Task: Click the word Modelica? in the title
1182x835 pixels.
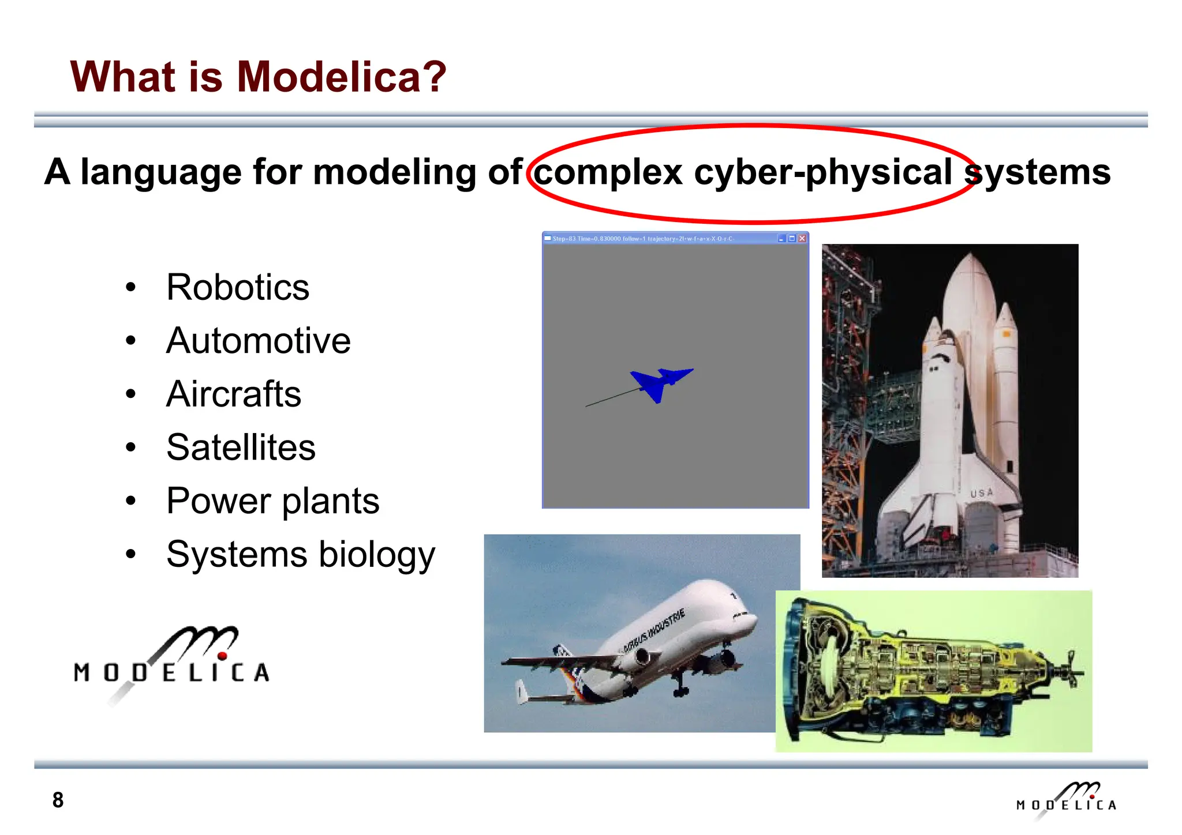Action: [x=342, y=77]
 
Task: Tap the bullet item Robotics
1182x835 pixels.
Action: [x=237, y=287]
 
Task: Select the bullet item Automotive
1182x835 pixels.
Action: [x=258, y=340]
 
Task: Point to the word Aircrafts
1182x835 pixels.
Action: [x=233, y=394]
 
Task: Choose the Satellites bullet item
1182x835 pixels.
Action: [x=241, y=447]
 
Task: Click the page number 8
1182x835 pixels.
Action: [x=58, y=800]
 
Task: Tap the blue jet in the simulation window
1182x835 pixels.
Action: [x=661, y=382]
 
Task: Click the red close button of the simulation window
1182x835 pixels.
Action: [x=802, y=239]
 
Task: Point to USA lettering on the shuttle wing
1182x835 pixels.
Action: [x=981, y=493]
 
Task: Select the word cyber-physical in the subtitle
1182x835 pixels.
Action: [x=822, y=172]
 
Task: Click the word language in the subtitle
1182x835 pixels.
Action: [x=161, y=172]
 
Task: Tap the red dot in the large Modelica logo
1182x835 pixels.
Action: [x=222, y=656]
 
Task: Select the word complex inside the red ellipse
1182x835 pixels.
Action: [x=608, y=172]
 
